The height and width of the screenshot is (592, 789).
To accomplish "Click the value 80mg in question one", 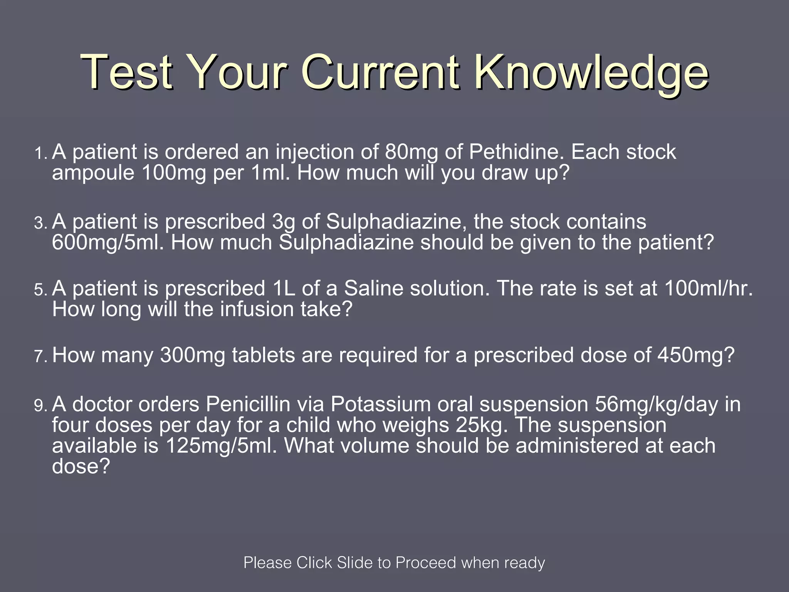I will (411, 152).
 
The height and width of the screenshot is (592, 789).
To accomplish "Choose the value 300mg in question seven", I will (193, 355).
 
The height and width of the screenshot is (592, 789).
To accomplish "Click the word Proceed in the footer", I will (425, 563).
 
